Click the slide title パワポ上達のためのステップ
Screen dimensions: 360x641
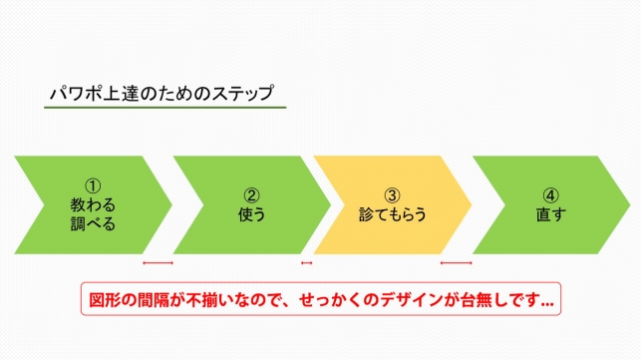tap(161, 94)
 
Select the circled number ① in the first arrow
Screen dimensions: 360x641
tap(93, 184)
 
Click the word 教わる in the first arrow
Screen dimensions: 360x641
tap(93, 203)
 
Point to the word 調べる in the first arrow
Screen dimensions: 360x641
tap(93, 223)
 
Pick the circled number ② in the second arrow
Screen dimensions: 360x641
tap(252, 194)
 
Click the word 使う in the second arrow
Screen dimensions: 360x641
tap(252, 213)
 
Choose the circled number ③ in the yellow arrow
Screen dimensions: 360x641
tap(392, 194)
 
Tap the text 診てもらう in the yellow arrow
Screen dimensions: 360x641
tap(392, 213)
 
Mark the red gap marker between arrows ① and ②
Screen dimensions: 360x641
tap(158, 263)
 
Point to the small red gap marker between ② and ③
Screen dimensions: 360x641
tap(307, 263)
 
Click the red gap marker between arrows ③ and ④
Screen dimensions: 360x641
tap(456, 263)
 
